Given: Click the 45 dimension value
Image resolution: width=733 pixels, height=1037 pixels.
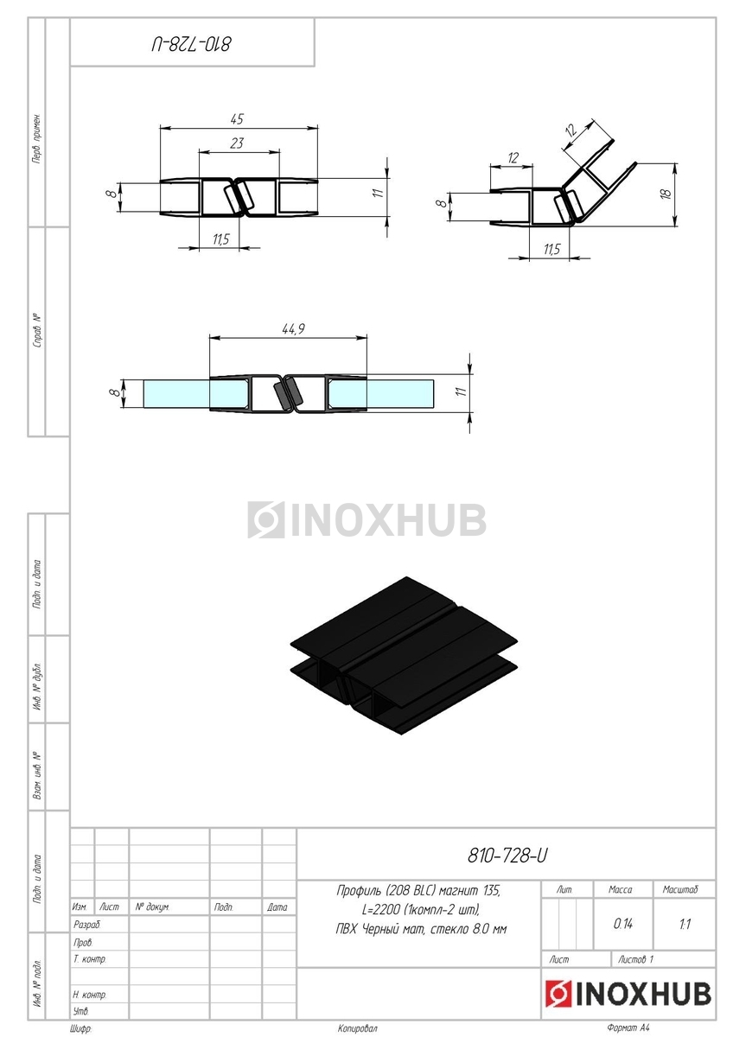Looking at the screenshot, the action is point(237,119).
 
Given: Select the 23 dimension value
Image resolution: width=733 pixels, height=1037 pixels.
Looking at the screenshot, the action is point(237,143).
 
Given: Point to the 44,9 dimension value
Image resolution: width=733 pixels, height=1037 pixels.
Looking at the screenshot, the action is point(293,329).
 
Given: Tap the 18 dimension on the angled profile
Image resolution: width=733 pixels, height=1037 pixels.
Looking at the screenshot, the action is point(666,194).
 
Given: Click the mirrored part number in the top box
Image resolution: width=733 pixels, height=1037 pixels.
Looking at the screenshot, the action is point(191,45).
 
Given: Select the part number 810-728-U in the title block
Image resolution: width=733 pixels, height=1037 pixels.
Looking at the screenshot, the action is point(507,856).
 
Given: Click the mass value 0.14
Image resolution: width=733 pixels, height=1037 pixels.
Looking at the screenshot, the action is point(623,924).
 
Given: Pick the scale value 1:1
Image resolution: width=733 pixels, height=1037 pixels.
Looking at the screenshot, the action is point(685,925).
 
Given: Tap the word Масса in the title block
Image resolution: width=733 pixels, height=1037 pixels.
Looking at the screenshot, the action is point(620,889).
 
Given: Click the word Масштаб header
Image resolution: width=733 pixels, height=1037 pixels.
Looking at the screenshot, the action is point(680,889).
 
